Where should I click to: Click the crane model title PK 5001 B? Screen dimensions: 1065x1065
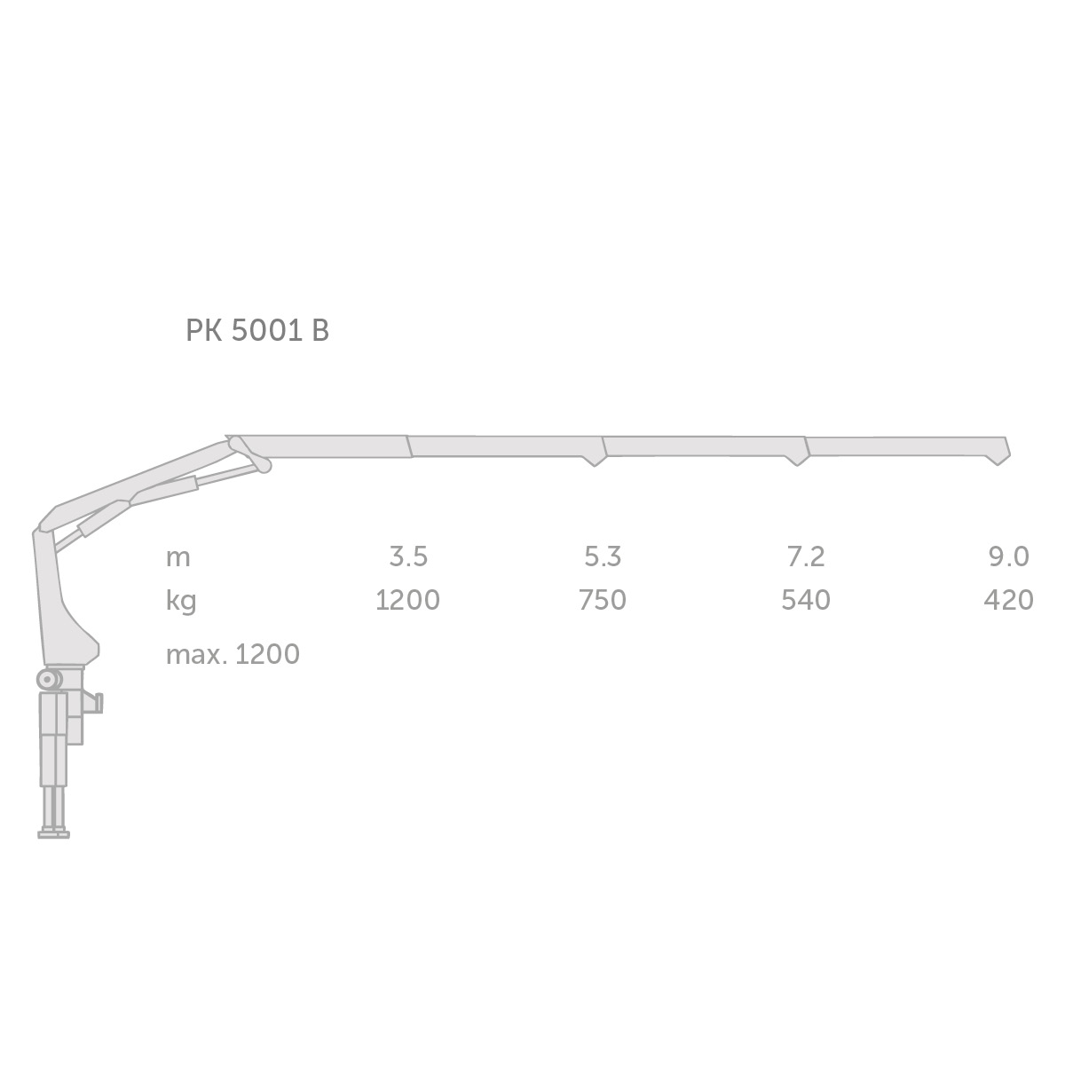(257, 331)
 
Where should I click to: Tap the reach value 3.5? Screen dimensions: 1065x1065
(408, 556)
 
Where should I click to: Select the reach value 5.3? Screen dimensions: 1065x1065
(603, 556)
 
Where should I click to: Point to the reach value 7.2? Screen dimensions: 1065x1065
(806, 556)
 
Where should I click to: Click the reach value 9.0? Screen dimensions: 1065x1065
(1008, 556)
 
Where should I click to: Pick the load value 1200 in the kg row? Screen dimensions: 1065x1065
(408, 600)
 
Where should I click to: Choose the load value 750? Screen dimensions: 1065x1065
(603, 600)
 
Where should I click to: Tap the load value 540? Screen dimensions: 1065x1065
(806, 600)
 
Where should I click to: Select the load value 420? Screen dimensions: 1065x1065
(1008, 600)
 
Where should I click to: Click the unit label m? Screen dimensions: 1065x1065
(178, 559)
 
